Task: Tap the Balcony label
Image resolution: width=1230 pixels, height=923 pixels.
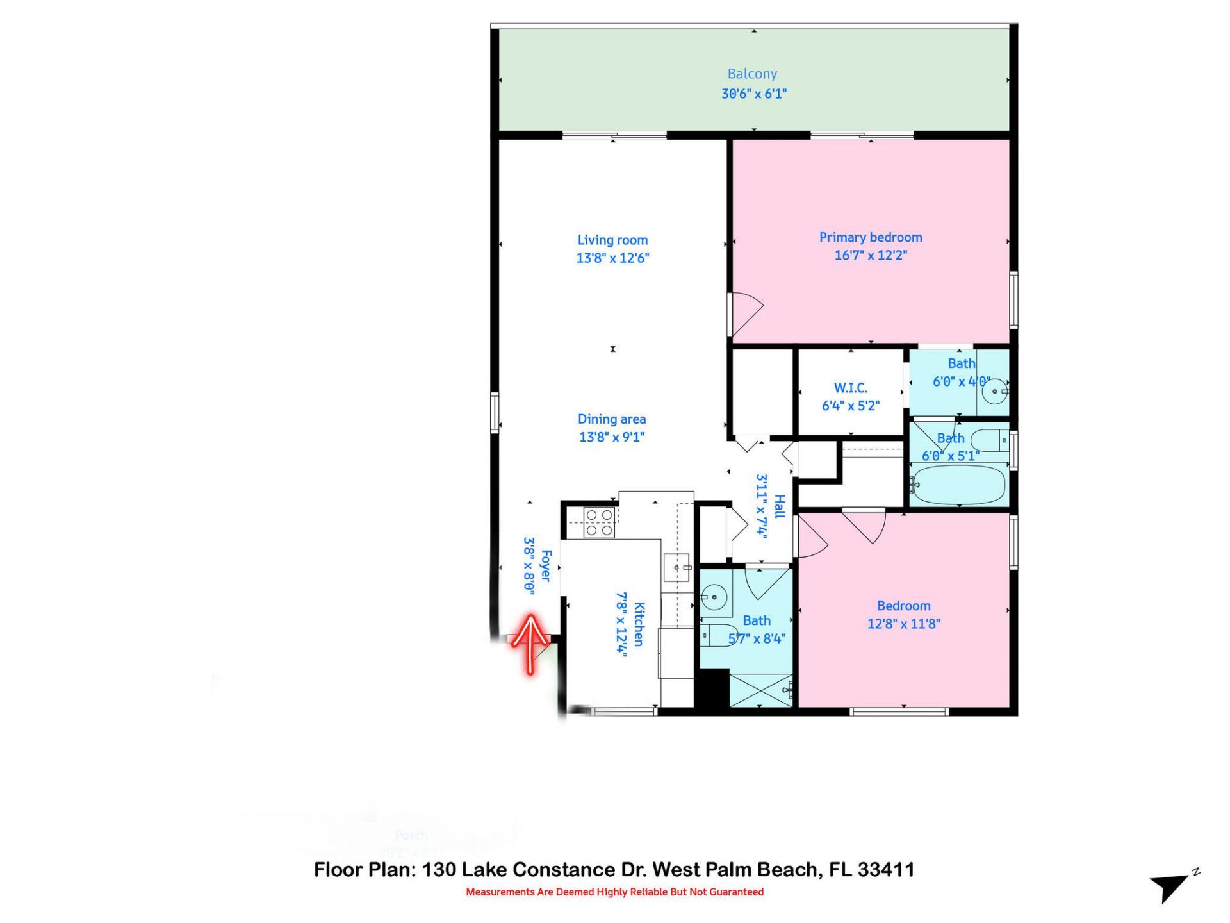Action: (752, 74)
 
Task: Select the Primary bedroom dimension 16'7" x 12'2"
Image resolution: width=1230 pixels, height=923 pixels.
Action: (870, 255)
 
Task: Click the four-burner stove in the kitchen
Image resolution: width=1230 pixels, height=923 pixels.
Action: (599, 522)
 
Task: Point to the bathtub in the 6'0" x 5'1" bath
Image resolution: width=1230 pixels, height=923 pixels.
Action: (958, 485)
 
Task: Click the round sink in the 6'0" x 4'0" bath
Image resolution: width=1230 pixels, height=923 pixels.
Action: (995, 390)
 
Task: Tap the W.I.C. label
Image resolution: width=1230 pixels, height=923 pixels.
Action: (850, 388)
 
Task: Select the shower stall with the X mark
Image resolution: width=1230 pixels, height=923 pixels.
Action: (760, 690)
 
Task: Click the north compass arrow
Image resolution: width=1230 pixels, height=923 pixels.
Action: (1170, 887)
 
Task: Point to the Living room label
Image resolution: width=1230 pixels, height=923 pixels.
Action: (612, 240)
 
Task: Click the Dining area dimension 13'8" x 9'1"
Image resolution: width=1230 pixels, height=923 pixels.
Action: (611, 437)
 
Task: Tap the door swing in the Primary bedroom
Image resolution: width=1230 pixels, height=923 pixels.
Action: (746, 314)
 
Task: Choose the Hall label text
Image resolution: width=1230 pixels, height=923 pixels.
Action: (779, 506)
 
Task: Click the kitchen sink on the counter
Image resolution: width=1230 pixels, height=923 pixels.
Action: (676, 567)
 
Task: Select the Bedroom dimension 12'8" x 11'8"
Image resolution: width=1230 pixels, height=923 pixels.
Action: (903, 624)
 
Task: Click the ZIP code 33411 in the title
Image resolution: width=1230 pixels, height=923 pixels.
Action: (886, 870)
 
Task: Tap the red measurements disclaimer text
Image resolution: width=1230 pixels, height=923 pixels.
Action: (614, 892)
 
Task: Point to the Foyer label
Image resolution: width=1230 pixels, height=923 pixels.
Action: (546, 565)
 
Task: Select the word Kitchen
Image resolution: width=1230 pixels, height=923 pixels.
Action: (639, 624)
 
